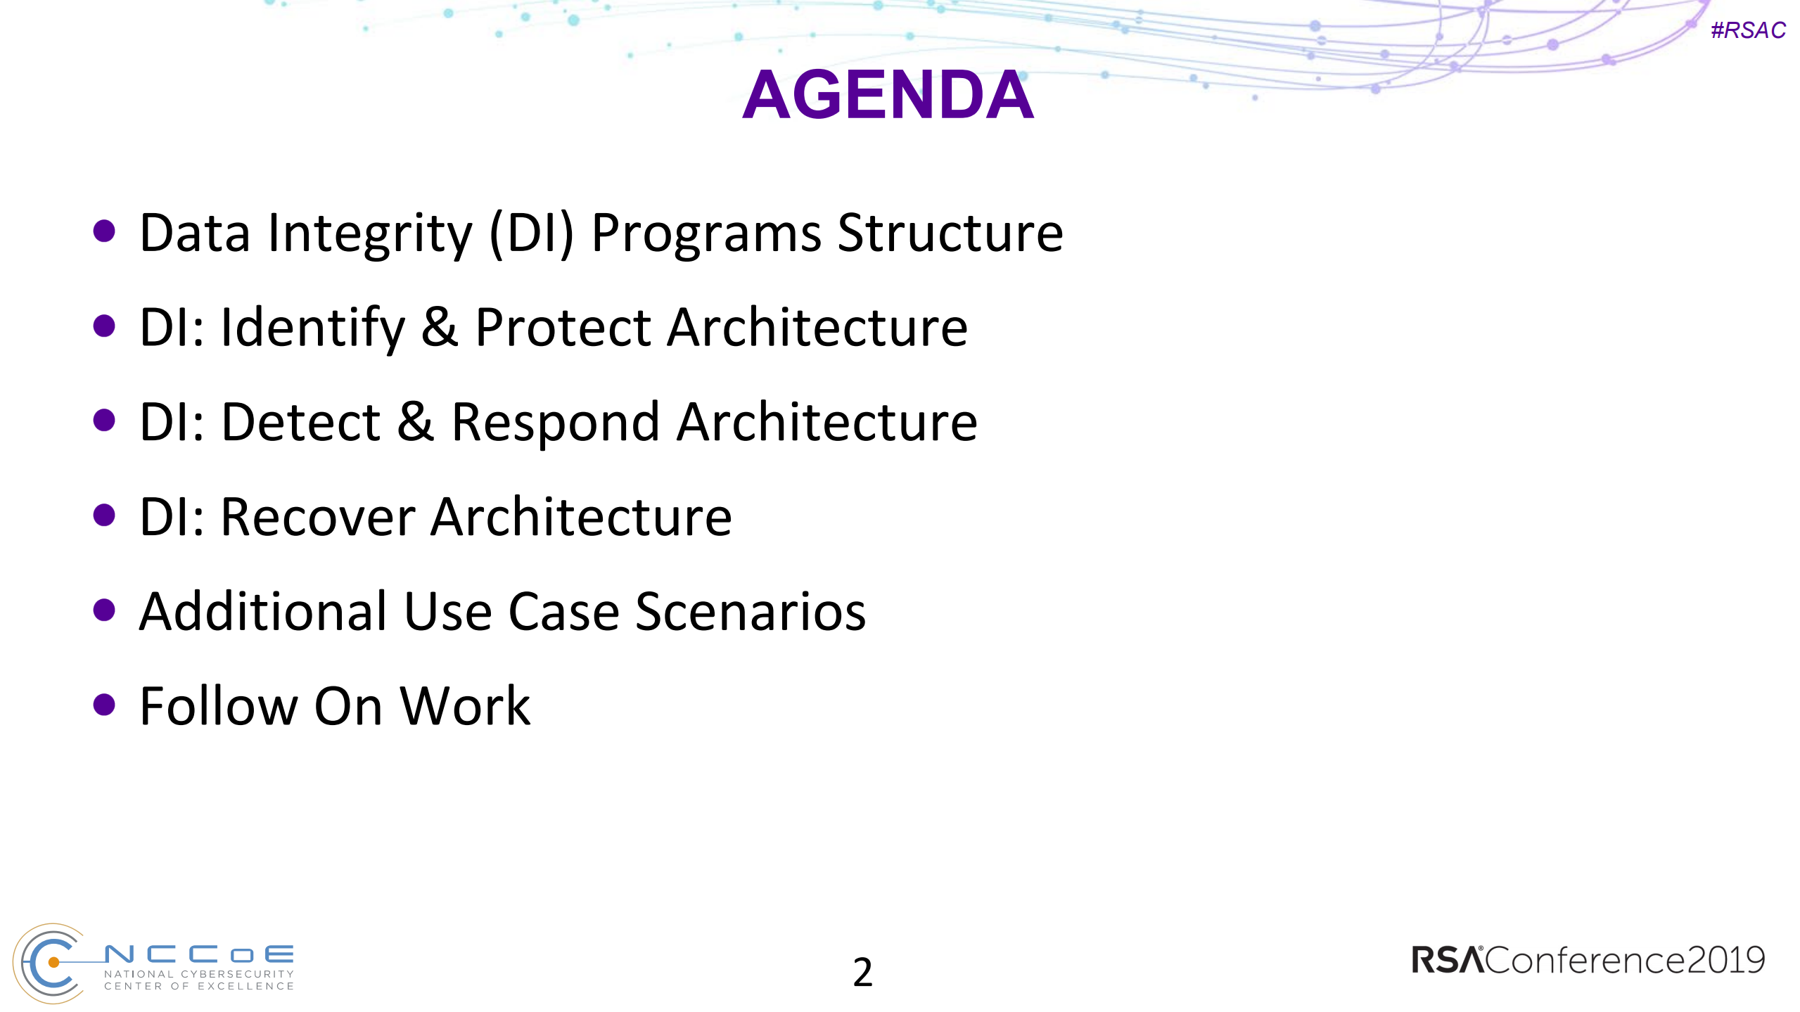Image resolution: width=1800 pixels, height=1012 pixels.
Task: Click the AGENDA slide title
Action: pyautogui.click(x=888, y=95)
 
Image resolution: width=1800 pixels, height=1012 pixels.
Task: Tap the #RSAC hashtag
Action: pyautogui.click(x=1748, y=30)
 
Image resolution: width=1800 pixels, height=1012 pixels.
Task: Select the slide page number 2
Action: pyautogui.click(x=862, y=973)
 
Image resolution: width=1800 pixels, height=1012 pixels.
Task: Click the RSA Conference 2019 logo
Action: pyautogui.click(x=1588, y=960)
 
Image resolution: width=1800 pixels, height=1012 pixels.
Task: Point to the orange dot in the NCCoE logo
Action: pyautogui.click(x=53, y=962)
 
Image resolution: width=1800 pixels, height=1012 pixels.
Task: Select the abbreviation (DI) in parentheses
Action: pyautogui.click(x=532, y=233)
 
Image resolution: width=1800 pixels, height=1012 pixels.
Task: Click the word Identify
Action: pyautogui.click(x=313, y=328)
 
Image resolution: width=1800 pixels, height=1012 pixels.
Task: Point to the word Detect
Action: pyautogui.click(x=301, y=423)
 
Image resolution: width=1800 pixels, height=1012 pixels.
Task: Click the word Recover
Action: pyautogui.click(x=318, y=518)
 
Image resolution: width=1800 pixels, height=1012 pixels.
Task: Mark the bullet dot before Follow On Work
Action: pyautogui.click(x=104, y=705)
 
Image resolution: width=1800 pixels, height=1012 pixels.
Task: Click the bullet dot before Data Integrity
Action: pyautogui.click(x=104, y=231)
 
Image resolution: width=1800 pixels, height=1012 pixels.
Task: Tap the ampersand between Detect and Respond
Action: pyautogui.click(x=416, y=423)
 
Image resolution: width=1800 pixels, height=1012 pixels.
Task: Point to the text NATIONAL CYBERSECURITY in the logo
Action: pyautogui.click(x=199, y=974)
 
